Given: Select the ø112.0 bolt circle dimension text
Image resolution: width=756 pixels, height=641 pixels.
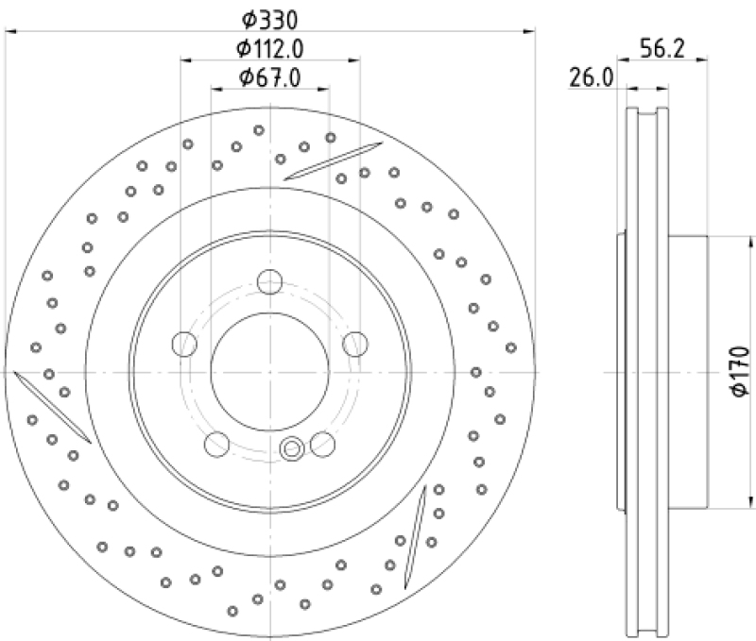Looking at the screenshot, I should click(x=271, y=48).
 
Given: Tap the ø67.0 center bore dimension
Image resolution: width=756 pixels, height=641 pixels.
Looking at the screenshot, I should click(x=269, y=78).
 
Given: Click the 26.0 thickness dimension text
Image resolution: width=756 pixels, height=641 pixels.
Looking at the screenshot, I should click(x=591, y=78).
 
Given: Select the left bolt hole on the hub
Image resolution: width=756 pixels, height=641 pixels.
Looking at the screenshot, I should click(x=185, y=344).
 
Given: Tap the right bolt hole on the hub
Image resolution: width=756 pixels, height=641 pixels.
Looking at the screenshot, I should click(x=356, y=344).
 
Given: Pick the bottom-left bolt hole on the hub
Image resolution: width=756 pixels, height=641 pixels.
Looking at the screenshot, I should click(x=218, y=443).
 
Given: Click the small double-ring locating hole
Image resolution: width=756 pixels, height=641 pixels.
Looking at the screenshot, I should click(x=292, y=448).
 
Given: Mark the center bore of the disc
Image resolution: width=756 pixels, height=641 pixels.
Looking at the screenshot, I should click(x=270, y=372).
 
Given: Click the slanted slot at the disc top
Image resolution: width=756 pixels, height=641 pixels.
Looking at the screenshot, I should click(x=333, y=160).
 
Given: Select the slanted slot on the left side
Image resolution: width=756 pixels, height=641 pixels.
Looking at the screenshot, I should click(x=53, y=406).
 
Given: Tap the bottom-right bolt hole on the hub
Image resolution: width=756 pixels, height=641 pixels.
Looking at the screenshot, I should click(x=323, y=443).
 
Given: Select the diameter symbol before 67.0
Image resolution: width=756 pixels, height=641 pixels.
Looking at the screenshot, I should click(x=246, y=78).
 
